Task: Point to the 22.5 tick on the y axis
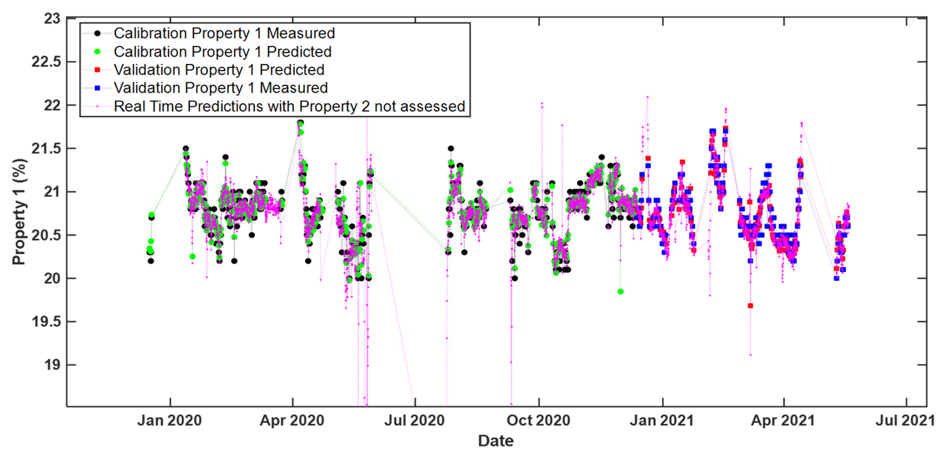tap(46, 62)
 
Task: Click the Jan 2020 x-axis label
tap(169, 420)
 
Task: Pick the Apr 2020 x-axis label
tap(292, 420)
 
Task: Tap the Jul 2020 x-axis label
tap(414, 420)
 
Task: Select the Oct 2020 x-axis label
tap(538, 420)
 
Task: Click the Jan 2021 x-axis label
tap(662, 420)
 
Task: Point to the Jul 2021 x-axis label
tap(905, 420)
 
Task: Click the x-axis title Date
tap(496, 441)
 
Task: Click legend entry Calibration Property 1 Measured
tap(224, 33)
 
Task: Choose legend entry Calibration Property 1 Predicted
tap(222, 51)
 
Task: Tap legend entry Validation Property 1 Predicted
tap(219, 70)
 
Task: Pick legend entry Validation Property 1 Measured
tap(221, 88)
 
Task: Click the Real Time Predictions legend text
tap(289, 107)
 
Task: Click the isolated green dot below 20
tap(621, 292)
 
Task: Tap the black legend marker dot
tap(97, 33)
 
